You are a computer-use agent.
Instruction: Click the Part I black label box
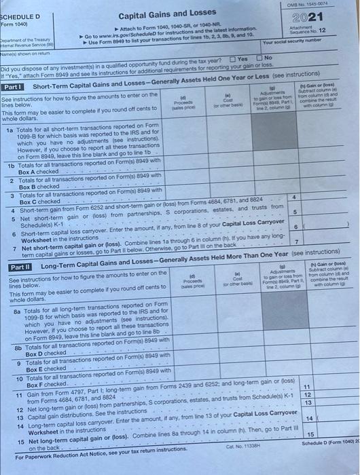[x=15, y=86]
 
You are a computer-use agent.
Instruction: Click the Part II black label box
[x=19, y=269]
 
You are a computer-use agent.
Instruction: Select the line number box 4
[x=293, y=197]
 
